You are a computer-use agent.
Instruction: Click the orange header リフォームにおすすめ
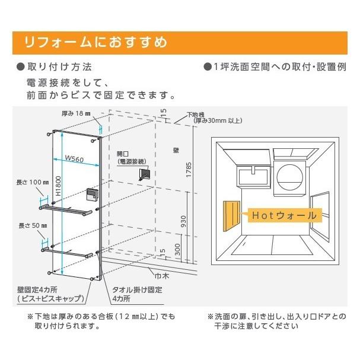[x=95, y=43]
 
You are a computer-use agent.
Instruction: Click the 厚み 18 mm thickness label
[x=75, y=113]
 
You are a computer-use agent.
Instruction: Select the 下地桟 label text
[x=196, y=114]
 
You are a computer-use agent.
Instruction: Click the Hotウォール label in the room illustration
[x=283, y=214]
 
